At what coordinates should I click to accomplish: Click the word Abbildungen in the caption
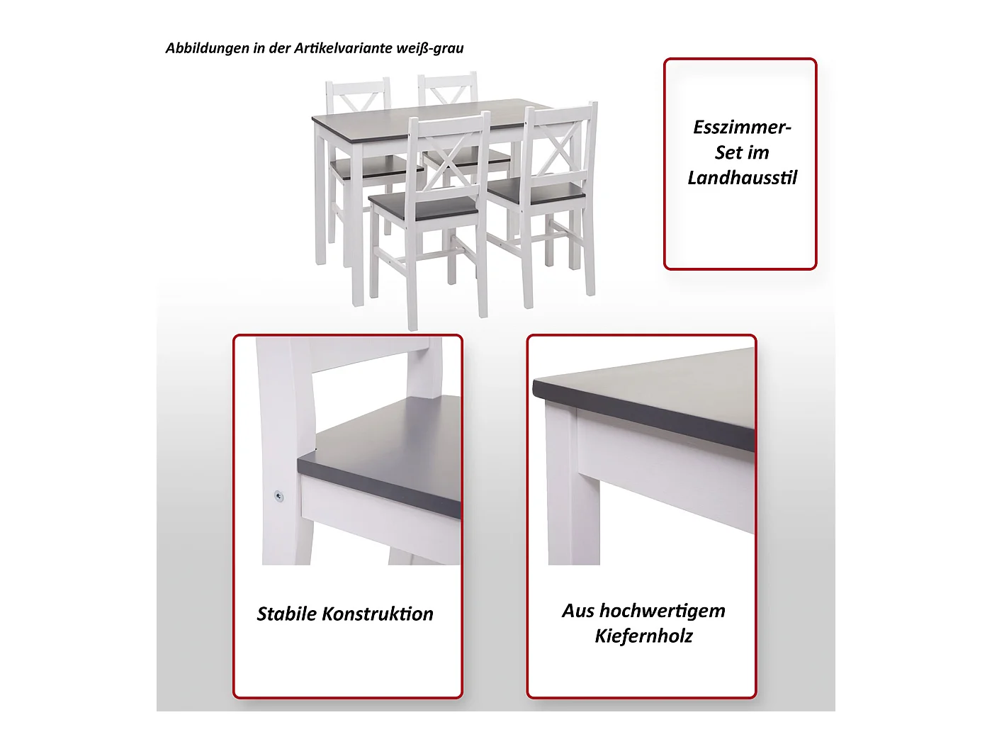208,48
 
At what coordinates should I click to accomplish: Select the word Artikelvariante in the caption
343,48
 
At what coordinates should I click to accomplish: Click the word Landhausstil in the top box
742,178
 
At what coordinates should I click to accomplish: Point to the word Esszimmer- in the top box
742,128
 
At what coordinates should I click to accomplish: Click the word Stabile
286,614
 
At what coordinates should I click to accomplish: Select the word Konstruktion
378,614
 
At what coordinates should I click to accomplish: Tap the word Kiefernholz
643,636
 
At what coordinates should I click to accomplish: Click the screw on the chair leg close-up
279,497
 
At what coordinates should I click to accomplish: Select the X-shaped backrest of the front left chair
447,159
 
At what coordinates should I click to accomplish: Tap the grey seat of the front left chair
424,206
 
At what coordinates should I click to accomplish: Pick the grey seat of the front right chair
536,193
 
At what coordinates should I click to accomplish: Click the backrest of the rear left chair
358,96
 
